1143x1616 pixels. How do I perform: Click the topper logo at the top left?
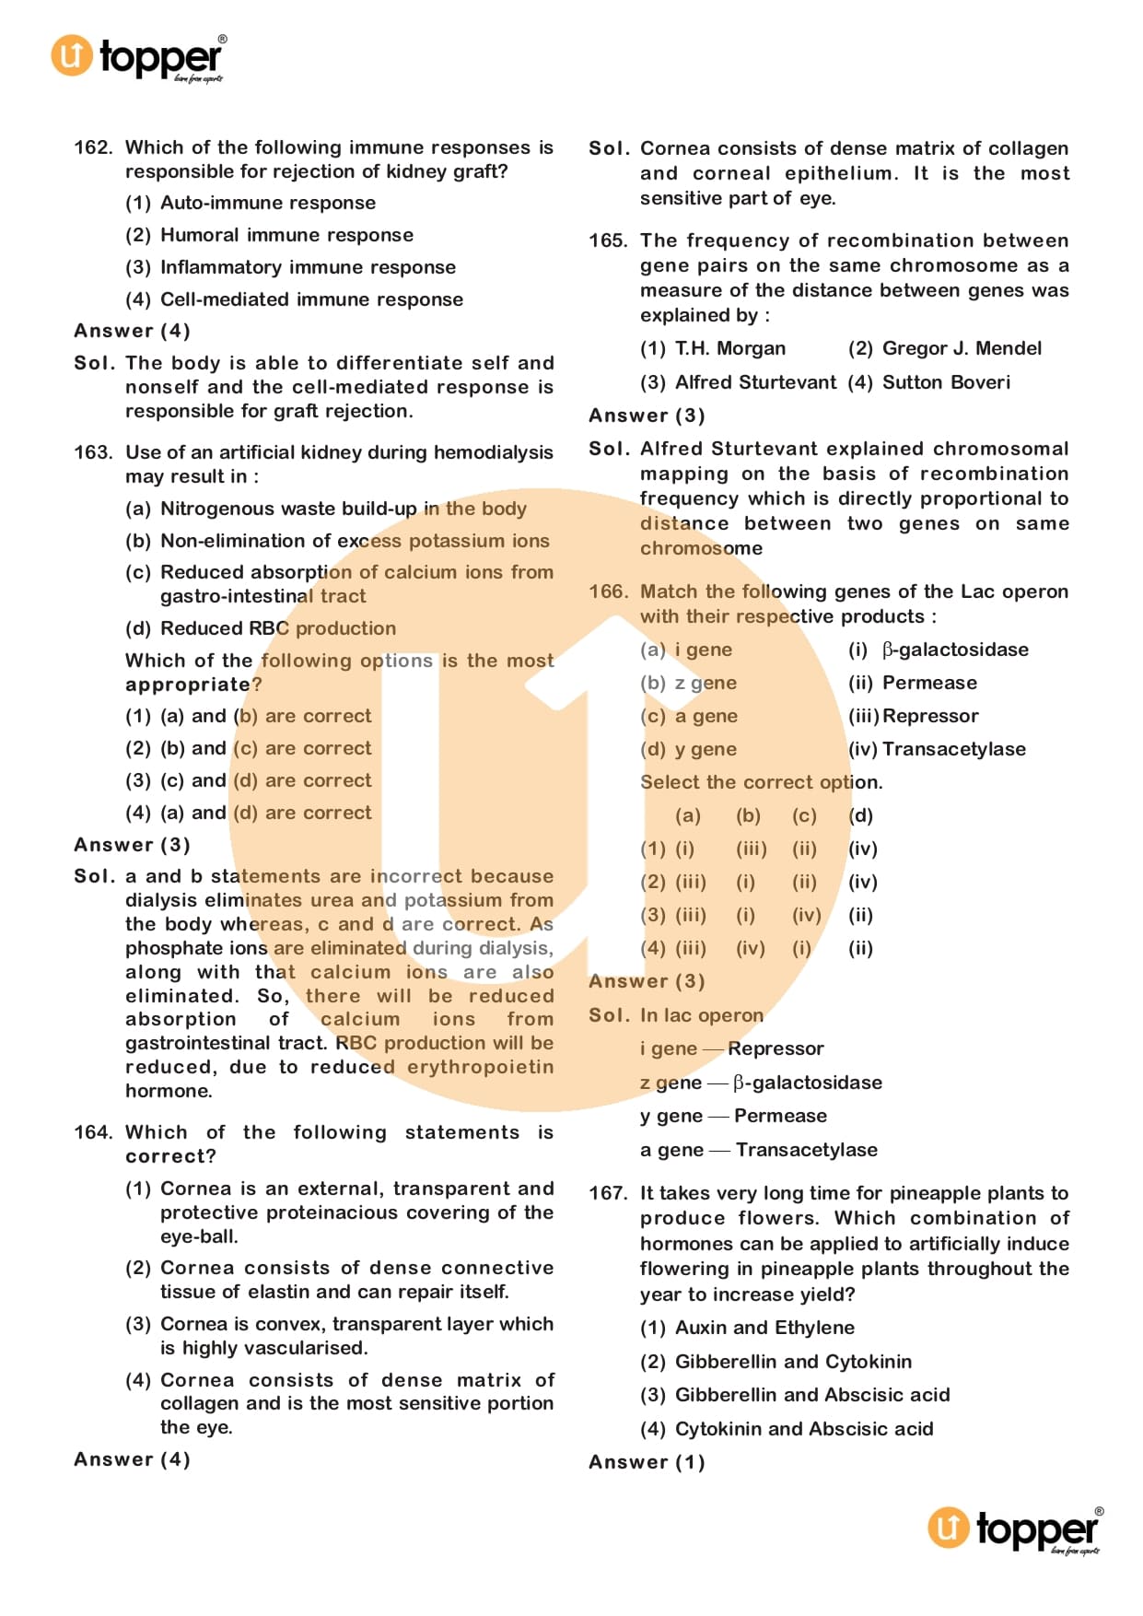[138, 57]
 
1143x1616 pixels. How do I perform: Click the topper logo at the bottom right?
[1014, 1529]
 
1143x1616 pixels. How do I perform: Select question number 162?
[93, 147]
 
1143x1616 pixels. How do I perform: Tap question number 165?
[608, 240]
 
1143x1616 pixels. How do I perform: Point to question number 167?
[608, 1193]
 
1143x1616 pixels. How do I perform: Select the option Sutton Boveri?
[945, 382]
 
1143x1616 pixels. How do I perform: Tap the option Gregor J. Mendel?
[962, 348]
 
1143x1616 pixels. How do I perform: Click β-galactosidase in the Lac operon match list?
[954, 650]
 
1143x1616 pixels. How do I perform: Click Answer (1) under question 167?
[647, 1462]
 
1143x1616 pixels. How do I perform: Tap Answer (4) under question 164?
[132, 1459]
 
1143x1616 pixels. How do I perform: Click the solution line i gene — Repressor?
[731, 1048]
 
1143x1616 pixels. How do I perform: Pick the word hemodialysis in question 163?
[493, 452]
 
